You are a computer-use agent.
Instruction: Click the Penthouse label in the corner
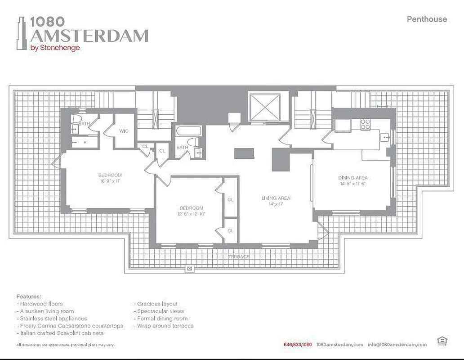(427, 19)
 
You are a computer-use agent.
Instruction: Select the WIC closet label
(124, 131)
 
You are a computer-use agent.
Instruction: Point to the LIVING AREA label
(276, 198)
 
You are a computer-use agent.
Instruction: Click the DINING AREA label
(353, 178)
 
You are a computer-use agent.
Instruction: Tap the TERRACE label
(238, 256)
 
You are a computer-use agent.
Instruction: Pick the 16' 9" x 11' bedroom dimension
(110, 181)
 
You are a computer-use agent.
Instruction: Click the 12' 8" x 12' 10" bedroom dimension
(192, 214)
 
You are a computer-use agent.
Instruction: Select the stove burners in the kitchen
(365, 124)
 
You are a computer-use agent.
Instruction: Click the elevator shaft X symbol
(265, 108)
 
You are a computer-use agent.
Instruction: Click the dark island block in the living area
(244, 153)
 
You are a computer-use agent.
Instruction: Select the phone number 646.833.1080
(298, 345)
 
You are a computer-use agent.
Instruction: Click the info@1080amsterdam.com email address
(397, 345)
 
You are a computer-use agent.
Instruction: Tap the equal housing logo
(442, 342)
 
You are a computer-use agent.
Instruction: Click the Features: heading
(29, 297)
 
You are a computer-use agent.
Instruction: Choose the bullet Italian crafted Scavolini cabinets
(62, 333)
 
